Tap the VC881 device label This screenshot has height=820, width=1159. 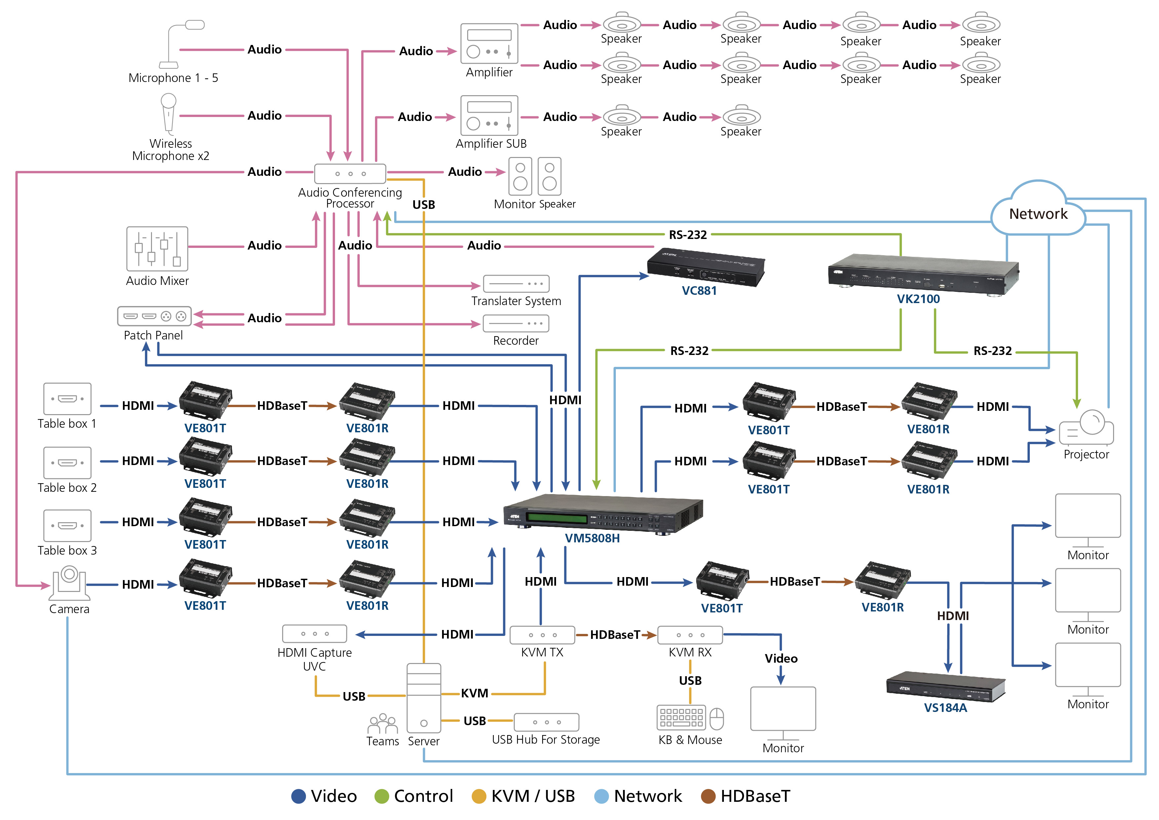[x=699, y=291]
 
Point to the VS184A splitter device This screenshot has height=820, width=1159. [x=946, y=686]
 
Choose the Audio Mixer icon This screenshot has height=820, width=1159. [x=157, y=249]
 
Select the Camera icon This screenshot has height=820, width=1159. [x=69, y=581]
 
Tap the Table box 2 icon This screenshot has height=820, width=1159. [x=67, y=462]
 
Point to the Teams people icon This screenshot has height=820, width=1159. [x=382, y=723]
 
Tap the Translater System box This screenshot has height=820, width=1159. [x=516, y=284]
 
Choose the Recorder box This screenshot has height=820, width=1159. [x=516, y=323]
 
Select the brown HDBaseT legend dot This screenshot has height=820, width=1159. [x=708, y=796]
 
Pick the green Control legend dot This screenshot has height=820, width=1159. [x=382, y=796]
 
